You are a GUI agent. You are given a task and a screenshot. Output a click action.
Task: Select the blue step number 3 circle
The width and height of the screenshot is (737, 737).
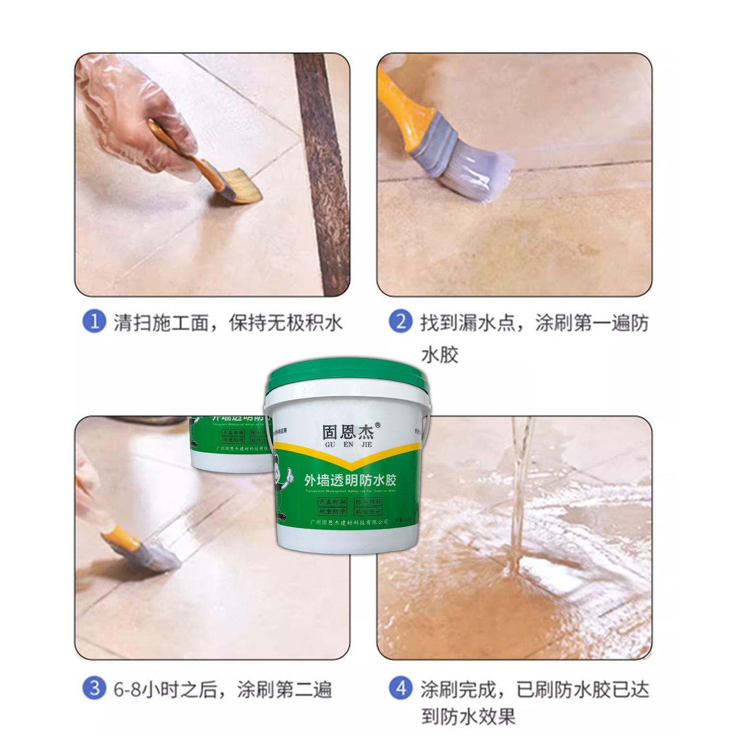(94, 688)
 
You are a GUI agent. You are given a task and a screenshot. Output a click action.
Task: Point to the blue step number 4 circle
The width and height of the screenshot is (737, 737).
(400, 688)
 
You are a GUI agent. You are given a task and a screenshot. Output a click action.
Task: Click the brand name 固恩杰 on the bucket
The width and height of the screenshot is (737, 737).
(348, 432)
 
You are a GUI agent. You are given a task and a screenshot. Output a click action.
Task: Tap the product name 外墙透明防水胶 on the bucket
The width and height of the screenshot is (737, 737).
(350, 480)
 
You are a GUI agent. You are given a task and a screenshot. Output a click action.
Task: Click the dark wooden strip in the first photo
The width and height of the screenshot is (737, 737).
(322, 172)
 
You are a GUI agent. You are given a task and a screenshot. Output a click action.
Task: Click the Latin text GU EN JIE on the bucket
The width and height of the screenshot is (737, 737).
(348, 445)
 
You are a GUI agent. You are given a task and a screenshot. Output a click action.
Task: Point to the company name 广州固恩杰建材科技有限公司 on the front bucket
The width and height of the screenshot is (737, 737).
(349, 522)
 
